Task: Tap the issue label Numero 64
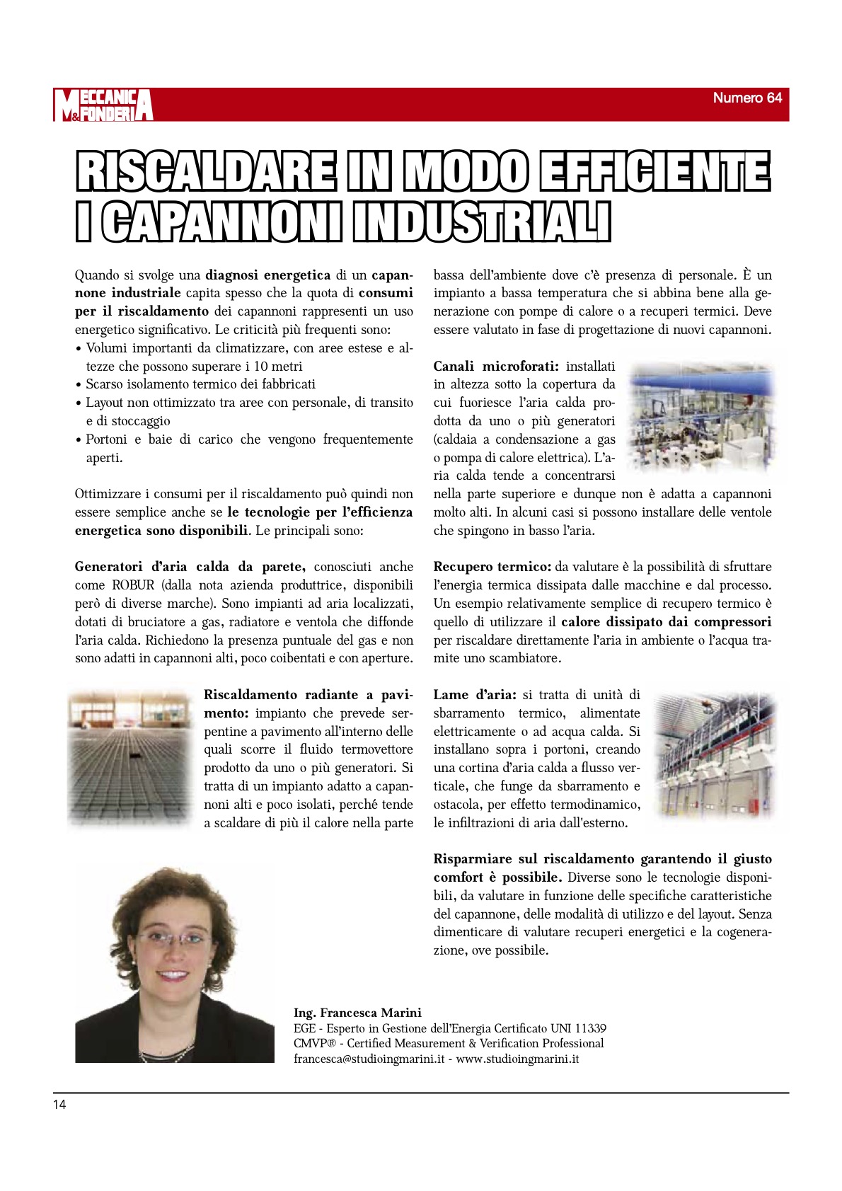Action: point(746,98)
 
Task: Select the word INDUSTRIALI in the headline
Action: point(482,222)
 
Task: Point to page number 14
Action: point(59,1105)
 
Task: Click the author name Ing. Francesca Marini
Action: point(357,1013)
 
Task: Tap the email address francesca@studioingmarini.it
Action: point(369,1059)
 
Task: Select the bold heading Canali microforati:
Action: point(496,367)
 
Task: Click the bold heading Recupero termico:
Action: point(492,567)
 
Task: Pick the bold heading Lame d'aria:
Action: point(475,695)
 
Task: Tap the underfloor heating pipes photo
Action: point(130,757)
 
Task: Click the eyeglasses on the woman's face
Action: point(173,940)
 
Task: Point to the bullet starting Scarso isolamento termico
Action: point(200,384)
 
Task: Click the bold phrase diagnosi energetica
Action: point(267,275)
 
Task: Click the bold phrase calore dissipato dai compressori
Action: point(666,622)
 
